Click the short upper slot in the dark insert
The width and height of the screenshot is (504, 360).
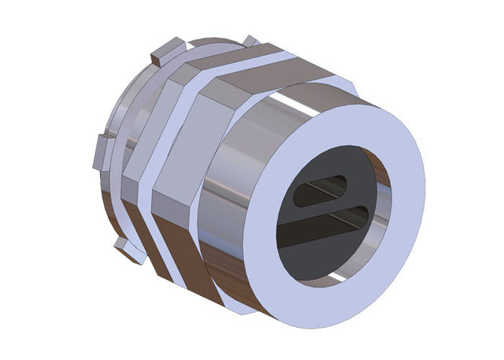point(320,191)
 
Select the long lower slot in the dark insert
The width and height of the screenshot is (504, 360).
point(323,223)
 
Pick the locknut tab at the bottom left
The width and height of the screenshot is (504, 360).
point(128,251)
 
